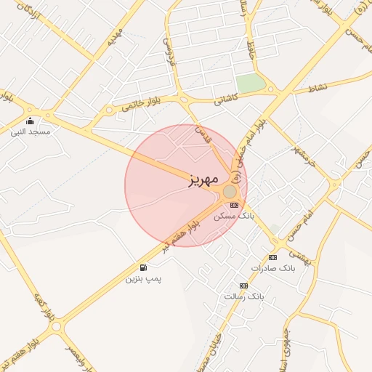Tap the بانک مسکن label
(234, 217)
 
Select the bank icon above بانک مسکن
(234, 206)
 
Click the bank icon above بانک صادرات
(272, 258)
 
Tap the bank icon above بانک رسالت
(243, 286)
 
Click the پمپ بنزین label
(144, 278)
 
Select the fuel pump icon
(143, 267)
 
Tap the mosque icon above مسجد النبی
(30, 121)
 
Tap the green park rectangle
(251, 84)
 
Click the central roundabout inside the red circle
(230, 191)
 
